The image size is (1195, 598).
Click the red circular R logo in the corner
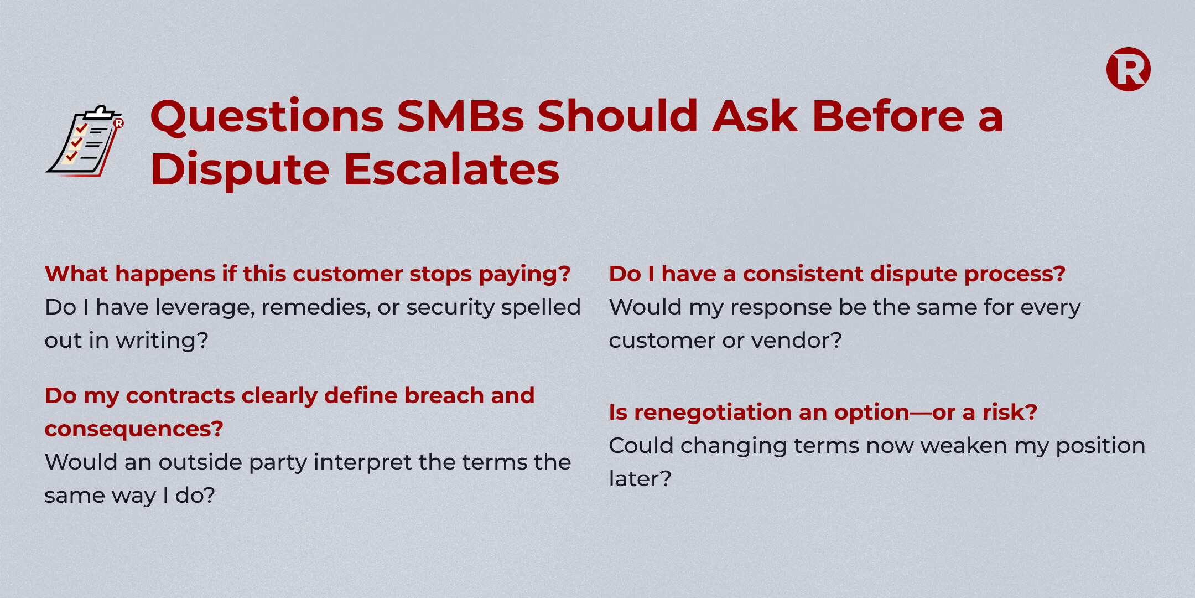[x=1128, y=69]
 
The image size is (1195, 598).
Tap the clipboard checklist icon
[x=85, y=141]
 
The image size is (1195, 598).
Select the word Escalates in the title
[x=451, y=169]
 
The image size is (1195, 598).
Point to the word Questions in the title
[x=267, y=117]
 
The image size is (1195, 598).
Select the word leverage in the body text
[x=204, y=308]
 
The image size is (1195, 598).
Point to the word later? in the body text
[x=640, y=479]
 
